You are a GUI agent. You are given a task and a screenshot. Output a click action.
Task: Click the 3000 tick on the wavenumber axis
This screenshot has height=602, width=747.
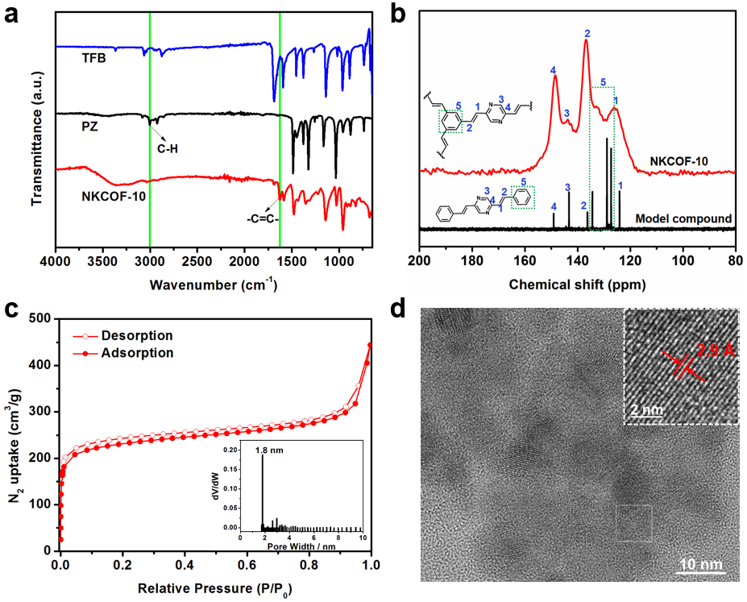pos(150,262)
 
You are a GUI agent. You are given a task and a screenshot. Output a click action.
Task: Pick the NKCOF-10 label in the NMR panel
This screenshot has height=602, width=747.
pos(679,161)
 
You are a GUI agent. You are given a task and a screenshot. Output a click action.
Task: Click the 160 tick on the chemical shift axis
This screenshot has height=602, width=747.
pos(525,262)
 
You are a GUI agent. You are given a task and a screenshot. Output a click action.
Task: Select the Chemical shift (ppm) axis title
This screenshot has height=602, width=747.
pos(577,284)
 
